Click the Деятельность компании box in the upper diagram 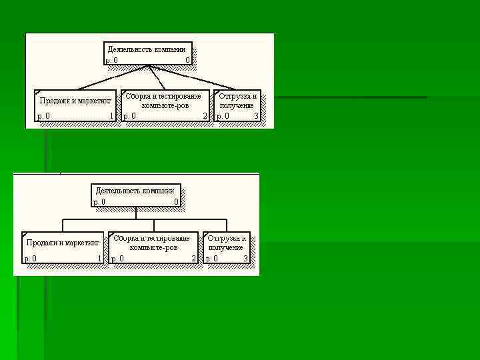pos(149,54)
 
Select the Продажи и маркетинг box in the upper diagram pos(75,107)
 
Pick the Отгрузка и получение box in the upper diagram pos(237,107)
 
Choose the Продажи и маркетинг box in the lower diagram pos(63,247)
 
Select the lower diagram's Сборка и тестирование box pos(153,247)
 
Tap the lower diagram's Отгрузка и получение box pos(227,247)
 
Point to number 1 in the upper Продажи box pos(111,116)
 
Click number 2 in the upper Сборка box pos(205,116)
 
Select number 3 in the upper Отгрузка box pos(256,116)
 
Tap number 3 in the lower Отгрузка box pos(245,258)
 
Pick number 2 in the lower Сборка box pos(193,258)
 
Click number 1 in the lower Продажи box pos(99,258)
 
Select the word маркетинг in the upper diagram pos(94,101)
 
